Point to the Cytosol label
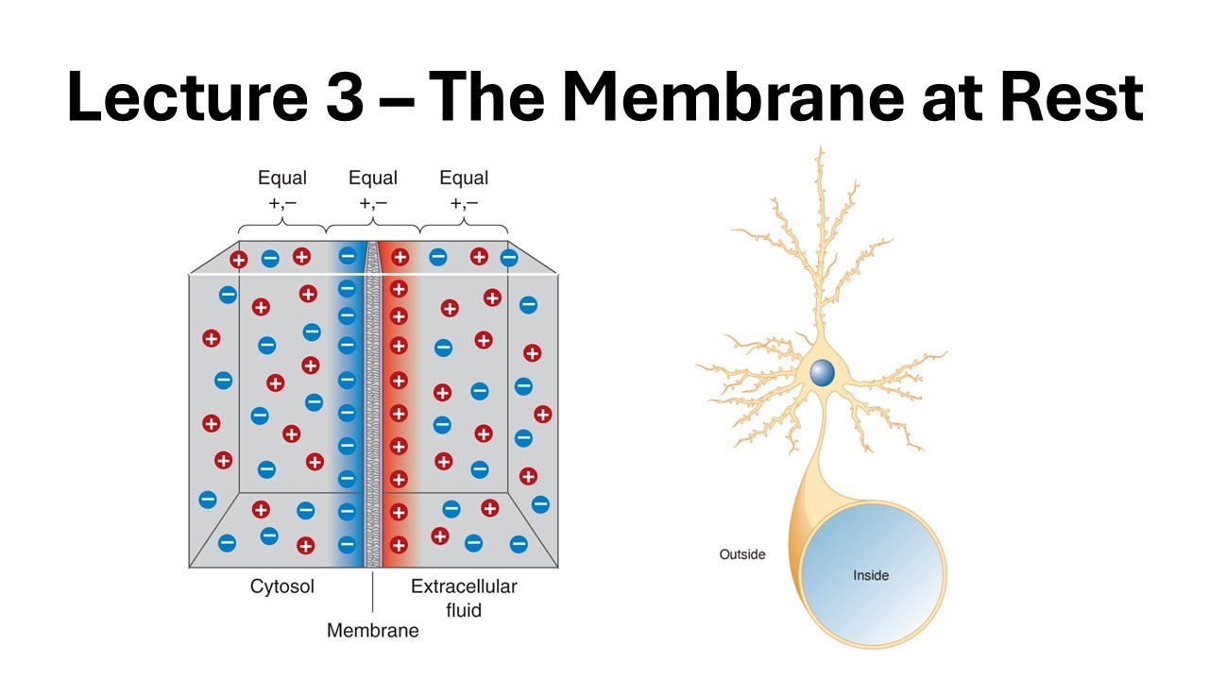[282, 586]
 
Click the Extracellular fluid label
[464, 598]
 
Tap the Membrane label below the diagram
[372, 630]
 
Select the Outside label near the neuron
[742, 554]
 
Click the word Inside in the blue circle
[871, 574]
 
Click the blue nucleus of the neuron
[822, 372]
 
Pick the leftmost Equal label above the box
[282, 178]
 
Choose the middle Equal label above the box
[373, 178]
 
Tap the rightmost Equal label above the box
[464, 178]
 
